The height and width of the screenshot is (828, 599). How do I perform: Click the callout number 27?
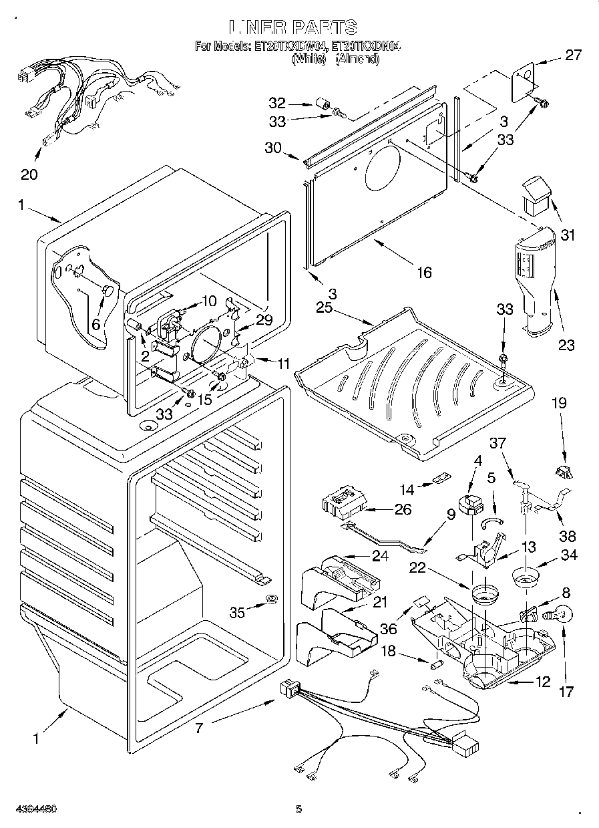point(574,55)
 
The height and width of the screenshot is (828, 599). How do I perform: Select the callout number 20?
point(29,175)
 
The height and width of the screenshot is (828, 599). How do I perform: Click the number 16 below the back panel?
point(423,271)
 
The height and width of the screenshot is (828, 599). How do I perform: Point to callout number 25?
point(324,308)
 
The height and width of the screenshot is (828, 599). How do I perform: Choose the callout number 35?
point(237,611)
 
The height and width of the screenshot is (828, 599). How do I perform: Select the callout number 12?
point(542,682)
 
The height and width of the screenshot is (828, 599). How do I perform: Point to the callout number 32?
point(277,103)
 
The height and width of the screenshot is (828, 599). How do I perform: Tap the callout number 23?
point(566,346)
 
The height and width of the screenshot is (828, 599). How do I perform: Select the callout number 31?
point(568,235)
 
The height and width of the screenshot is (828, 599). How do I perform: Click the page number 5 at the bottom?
point(299,809)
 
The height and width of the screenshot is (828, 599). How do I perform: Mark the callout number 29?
point(264,319)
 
